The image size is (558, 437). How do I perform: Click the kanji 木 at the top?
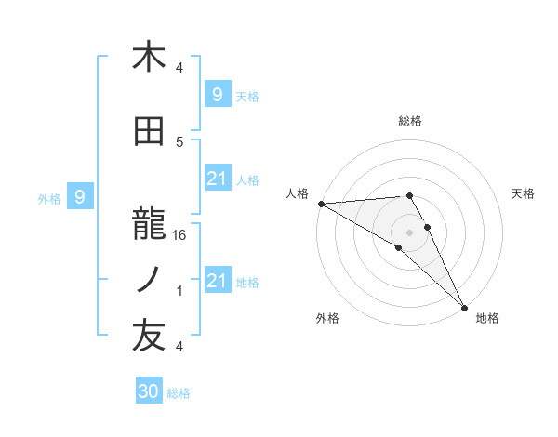(149, 58)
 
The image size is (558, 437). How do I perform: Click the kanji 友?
(149, 338)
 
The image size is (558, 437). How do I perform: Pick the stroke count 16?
(180, 235)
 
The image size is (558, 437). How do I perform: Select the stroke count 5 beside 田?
(179, 141)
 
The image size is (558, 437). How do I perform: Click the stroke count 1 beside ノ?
(179, 291)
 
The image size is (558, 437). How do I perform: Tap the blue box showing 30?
(149, 391)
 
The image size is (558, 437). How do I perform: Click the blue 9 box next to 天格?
(217, 94)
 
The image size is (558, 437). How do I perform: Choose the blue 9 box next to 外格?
(80, 196)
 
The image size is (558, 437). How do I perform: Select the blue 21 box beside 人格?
(217, 179)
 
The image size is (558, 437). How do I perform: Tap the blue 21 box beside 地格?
(217, 281)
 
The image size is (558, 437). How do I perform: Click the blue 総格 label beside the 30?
(179, 393)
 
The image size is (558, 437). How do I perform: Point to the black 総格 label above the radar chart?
(410, 121)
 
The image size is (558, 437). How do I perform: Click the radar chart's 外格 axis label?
(327, 318)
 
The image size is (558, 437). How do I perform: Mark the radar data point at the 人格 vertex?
(321, 204)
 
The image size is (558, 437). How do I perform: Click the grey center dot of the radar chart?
(409, 232)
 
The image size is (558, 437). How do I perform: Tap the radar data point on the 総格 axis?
(409, 195)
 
